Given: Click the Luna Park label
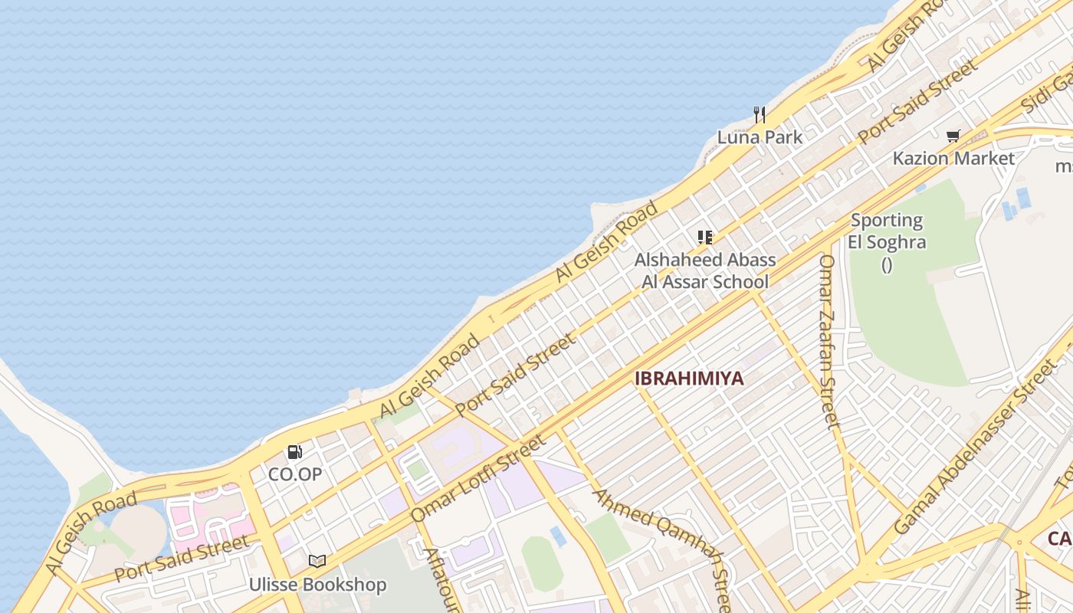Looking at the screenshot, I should (x=760, y=137).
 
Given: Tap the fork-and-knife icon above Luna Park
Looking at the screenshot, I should (x=760, y=115).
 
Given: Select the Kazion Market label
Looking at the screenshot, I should (x=953, y=159).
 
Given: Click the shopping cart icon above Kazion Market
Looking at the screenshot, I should (x=953, y=136).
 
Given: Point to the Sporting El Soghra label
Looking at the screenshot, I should (x=888, y=231).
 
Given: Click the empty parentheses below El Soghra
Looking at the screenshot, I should (x=887, y=265).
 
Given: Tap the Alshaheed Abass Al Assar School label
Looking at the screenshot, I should (x=705, y=270).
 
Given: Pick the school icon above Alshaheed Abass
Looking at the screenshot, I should (x=705, y=238).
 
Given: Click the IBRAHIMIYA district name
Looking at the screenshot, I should (x=689, y=379).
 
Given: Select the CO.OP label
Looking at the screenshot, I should (x=295, y=474).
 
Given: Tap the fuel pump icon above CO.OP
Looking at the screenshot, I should (x=295, y=452).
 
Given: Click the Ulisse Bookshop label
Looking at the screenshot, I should (x=317, y=585).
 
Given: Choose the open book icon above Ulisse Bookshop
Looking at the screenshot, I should (x=317, y=562).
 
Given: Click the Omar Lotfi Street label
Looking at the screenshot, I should (x=478, y=478).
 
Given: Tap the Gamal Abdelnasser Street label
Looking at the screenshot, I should (x=974, y=449).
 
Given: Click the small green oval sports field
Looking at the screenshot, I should (x=542, y=563).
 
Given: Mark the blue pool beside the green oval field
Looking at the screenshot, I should (x=559, y=536).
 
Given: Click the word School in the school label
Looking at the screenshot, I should (x=732, y=281).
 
